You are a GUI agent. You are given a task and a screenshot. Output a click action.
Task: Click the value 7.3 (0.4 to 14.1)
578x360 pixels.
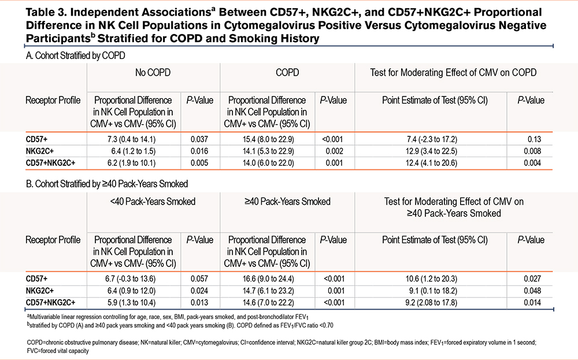coord(132,139)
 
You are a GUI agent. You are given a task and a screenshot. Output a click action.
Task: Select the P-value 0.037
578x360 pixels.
coord(199,139)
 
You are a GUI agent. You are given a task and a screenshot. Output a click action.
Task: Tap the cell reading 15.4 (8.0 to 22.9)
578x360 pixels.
coord(268,139)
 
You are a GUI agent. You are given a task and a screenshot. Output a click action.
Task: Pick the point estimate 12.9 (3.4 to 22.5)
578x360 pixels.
coord(431,151)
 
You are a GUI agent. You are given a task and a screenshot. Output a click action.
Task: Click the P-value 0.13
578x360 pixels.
coord(534,139)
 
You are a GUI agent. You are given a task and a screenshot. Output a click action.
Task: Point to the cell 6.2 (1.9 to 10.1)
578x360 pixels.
coord(132,163)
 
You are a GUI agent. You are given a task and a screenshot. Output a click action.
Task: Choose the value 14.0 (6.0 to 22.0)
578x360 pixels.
coord(268,163)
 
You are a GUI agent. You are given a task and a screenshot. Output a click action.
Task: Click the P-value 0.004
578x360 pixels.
coord(532,163)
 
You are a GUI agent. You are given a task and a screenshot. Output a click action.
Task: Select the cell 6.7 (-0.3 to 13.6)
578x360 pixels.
coord(130,279)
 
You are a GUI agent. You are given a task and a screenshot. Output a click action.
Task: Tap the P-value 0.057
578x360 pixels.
coord(199,279)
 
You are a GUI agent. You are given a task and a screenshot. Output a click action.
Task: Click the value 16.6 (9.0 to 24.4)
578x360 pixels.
coord(268,279)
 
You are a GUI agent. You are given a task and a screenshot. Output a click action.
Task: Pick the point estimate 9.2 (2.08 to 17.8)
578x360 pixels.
coord(431,303)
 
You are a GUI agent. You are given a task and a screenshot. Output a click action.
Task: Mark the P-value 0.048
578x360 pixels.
coord(532,291)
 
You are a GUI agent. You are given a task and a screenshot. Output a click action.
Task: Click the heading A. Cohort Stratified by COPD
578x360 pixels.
coord(76,55)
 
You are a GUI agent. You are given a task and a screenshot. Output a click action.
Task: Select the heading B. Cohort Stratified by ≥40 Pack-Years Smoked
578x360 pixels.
coord(107,184)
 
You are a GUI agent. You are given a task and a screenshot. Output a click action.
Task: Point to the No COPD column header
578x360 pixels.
coord(153,73)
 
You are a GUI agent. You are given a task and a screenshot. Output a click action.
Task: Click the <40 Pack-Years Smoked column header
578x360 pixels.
coord(153,202)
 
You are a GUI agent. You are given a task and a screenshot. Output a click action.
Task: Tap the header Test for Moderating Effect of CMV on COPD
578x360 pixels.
coord(453,73)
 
